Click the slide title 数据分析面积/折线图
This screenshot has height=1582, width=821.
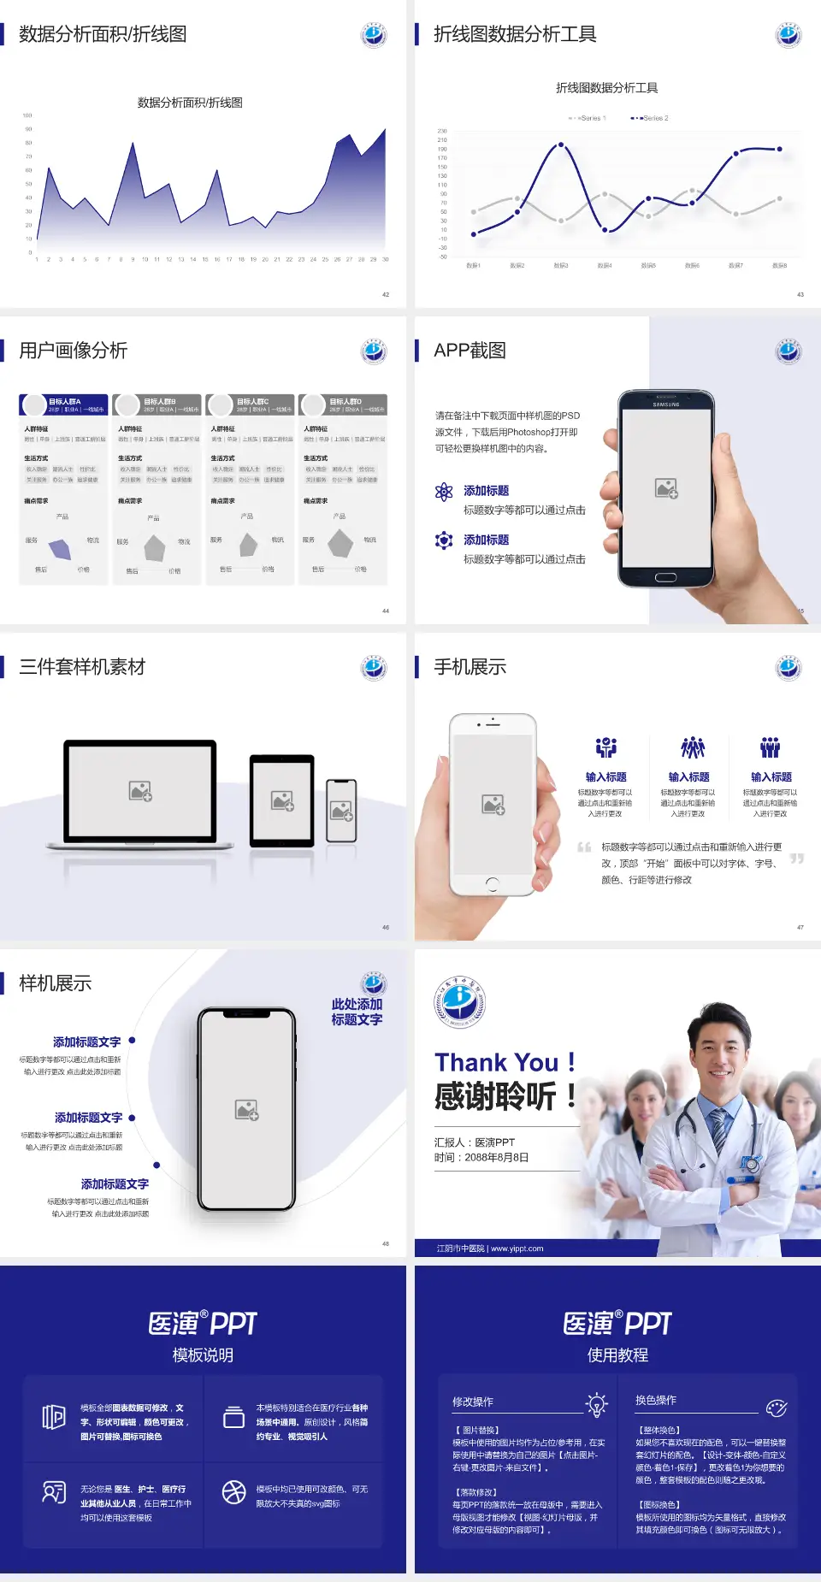103,34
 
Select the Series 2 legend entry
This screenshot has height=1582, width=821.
651,118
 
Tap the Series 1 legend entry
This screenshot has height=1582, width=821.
588,118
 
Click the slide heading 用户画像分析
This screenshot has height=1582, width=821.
74,351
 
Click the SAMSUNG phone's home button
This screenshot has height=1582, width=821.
665,577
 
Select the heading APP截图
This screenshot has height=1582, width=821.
470,351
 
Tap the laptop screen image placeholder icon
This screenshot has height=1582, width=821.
140,791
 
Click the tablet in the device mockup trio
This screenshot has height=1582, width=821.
282,801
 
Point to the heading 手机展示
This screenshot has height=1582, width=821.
470,667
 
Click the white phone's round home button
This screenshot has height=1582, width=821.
492,882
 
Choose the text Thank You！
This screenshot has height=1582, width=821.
505,1062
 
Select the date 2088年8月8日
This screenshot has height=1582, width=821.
497,1158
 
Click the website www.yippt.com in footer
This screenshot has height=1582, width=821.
517,1248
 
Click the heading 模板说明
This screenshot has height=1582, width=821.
203,1355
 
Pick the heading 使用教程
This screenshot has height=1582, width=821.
617,1355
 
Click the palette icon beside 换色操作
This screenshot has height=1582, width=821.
777,1408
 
